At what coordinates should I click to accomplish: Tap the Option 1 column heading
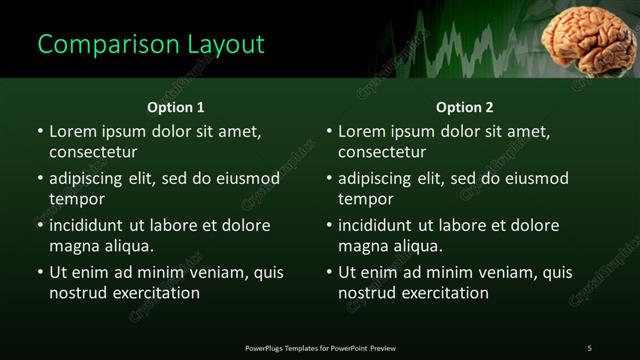(176, 107)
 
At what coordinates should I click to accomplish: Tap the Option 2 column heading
(465, 107)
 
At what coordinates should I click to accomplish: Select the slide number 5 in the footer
(589, 348)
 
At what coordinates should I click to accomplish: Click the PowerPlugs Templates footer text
(320, 348)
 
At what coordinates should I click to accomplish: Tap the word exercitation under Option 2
(440, 293)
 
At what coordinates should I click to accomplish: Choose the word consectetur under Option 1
(93, 152)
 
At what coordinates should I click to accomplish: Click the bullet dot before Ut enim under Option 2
(329, 272)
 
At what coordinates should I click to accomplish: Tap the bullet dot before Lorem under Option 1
(40, 131)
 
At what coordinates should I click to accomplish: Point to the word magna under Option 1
(74, 246)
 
